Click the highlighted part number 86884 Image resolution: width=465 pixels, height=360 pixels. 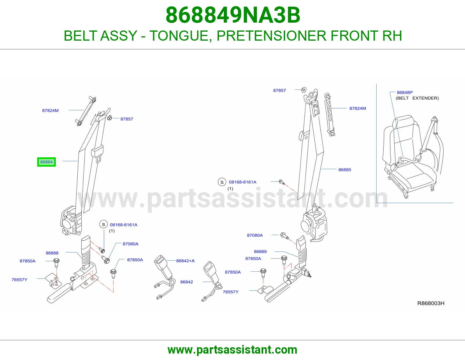(x=46, y=162)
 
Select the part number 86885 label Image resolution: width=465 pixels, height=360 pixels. (x=345, y=170)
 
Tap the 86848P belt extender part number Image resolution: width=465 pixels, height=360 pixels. (x=405, y=93)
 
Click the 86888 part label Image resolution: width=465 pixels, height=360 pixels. (x=52, y=253)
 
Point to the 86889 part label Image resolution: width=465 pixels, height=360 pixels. (x=260, y=252)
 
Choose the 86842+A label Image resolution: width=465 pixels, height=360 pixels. (x=185, y=261)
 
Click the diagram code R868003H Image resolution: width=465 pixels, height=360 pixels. (x=431, y=303)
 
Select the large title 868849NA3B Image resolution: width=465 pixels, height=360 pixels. (x=233, y=15)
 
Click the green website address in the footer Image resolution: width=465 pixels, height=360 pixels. (x=233, y=350)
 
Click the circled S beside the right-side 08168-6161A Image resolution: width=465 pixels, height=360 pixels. (x=222, y=182)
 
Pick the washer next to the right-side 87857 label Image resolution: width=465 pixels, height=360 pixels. (x=304, y=90)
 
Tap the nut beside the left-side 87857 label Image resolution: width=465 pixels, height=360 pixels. (x=110, y=118)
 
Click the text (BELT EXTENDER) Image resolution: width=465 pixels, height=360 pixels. (x=417, y=98)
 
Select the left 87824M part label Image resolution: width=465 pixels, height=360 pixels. (x=50, y=111)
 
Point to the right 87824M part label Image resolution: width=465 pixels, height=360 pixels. (x=357, y=108)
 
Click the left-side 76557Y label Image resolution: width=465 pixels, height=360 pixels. (x=19, y=280)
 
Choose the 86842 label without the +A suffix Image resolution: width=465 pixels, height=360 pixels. (x=187, y=282)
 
